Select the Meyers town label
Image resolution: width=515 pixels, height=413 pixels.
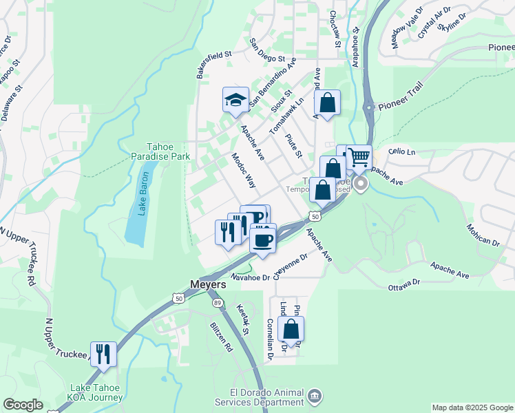pyautogui.click(x=207, y=284)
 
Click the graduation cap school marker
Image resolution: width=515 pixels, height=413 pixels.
pyautogui.click(x=235, y=100)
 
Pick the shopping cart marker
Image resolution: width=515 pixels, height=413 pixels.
pyautogui.click(x=359, y=158)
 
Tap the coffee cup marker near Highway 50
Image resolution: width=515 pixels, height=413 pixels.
pyautogui.click(x=262, y=240)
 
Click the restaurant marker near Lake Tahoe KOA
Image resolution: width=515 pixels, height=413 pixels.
pyautogui.click(x=103, y=354)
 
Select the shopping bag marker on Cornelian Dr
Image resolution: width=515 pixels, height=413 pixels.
pyautogui.click(x=291, y=329)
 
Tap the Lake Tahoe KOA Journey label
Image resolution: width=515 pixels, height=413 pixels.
pyautogui.click(x=96, y=392)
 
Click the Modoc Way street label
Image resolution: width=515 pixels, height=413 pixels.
pyautogui.click(x=243, y=170)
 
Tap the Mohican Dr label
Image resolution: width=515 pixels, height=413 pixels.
pyautogui.click(x=483, y=235)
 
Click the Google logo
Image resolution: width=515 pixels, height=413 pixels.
pyautogui.click(x=23, y=405)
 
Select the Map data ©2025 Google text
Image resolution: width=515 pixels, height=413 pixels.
pyautogui.click(x=472, y=407)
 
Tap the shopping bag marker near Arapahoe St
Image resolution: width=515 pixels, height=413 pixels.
pyautogui.click(x=327, y=103)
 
